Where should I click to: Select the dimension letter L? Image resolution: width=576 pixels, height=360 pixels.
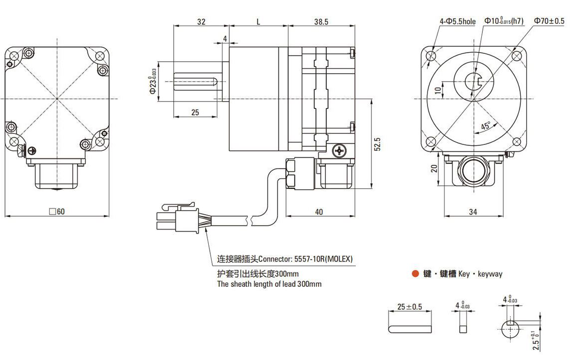click(x=258, y=22)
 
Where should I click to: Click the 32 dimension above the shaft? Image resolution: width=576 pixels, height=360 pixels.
click(x=201, y=22)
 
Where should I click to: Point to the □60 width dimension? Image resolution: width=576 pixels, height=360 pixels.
click(x=57, y=211)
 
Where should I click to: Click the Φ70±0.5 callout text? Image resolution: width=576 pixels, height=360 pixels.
click(x=549, y=21)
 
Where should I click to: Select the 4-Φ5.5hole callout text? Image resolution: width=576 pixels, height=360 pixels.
click(x=457, y=21)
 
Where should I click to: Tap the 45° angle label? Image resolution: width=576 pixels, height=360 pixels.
click(x=486, y=125)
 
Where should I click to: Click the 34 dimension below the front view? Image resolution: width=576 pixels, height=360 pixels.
click(x=473, y=212)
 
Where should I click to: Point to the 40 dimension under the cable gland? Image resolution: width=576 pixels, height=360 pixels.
click(x=319, y=212)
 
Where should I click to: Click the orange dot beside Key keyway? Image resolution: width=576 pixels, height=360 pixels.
click(x=415, y=274)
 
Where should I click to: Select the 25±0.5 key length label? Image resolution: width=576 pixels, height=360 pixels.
click(x=410, y=307)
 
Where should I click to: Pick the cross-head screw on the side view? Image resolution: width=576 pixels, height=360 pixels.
click(x=340, y=150)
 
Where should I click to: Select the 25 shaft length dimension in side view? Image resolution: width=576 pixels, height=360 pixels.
click(x=195, y=113)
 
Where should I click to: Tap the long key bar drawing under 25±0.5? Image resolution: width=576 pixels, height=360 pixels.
click(x=410, y=329)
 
